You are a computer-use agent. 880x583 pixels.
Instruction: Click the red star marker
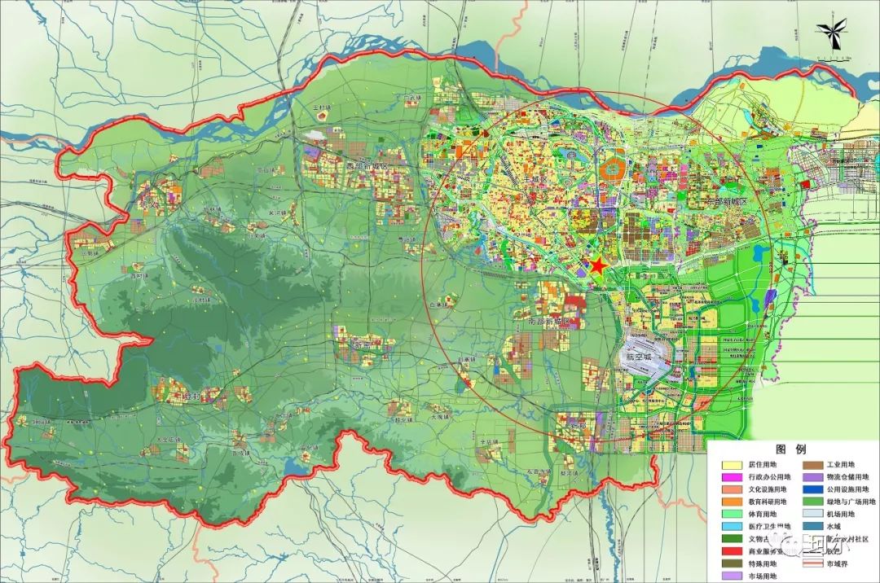click(x=598, y=266)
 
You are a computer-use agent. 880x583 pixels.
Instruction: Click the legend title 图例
click(x=790, y=449)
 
